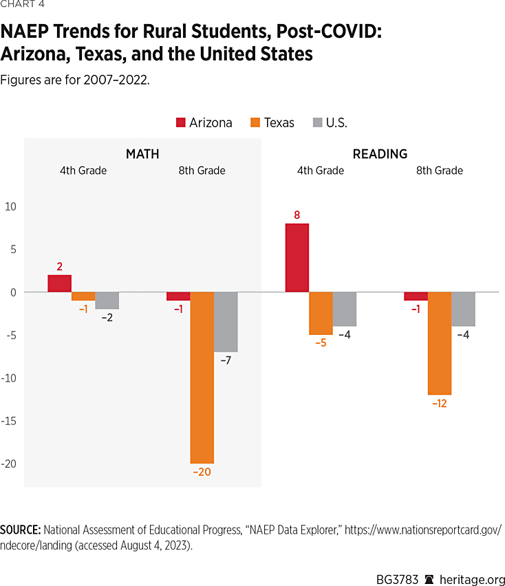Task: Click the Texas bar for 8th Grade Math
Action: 202,377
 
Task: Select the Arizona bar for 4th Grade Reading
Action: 297,257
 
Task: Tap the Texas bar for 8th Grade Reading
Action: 439,343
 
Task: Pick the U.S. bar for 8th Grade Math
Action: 226,321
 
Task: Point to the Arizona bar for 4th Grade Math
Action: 59,283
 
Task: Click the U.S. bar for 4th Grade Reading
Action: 344,309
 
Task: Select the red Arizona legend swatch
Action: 182,123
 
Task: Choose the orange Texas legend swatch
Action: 255,123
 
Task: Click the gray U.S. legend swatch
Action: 317,123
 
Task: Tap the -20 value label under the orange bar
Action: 201,472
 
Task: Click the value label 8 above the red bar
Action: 297,215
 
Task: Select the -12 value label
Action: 439,404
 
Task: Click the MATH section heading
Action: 142,154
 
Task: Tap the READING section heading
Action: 380,154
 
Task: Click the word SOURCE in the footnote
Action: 20,530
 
